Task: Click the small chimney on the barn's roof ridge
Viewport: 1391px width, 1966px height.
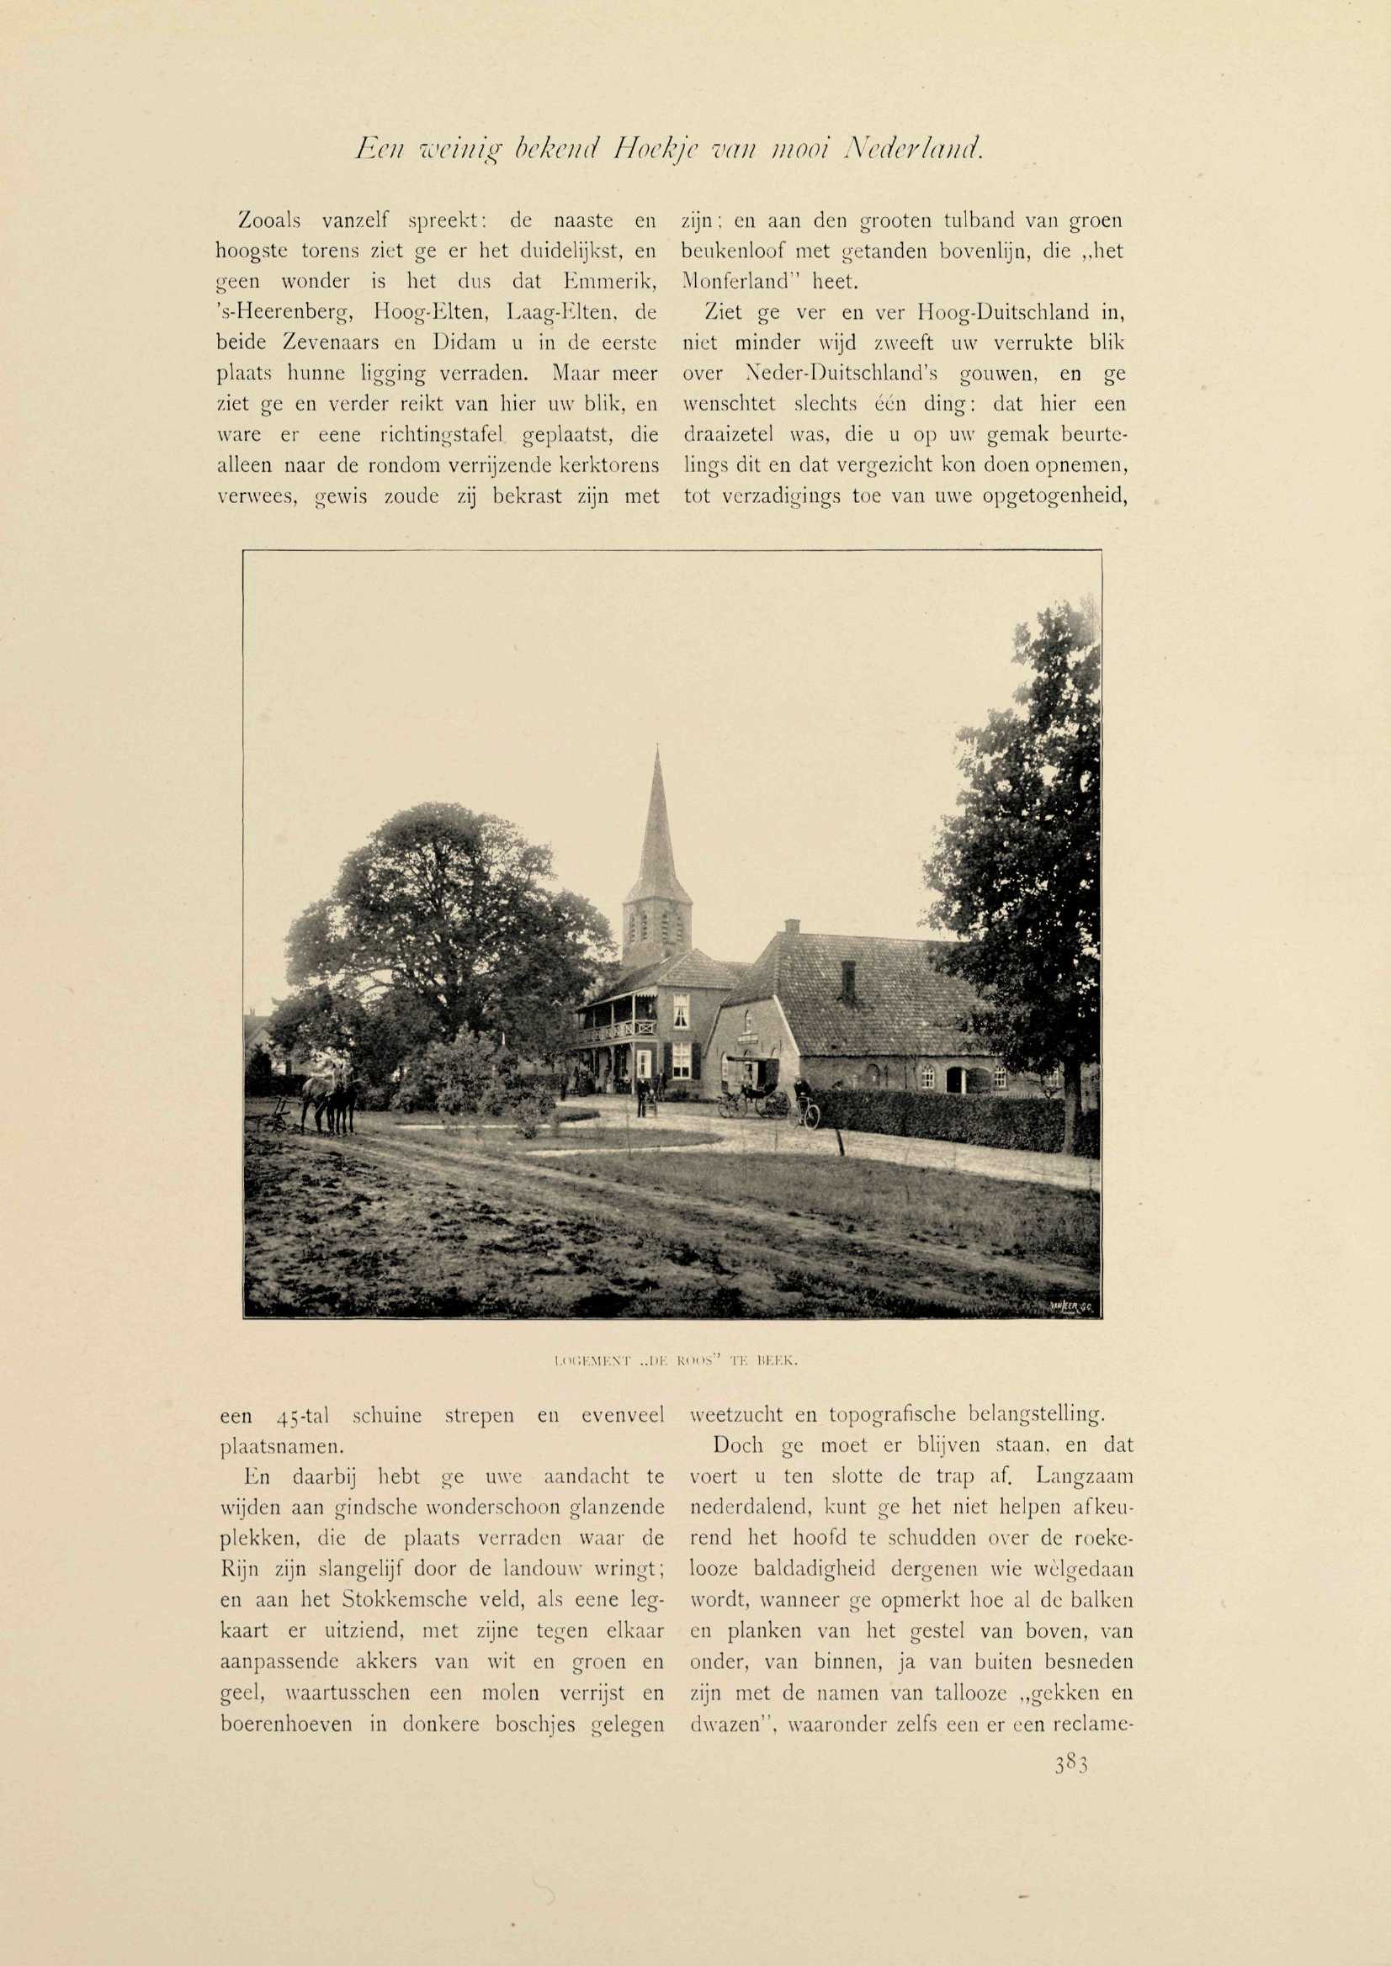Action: click(791, 926)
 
